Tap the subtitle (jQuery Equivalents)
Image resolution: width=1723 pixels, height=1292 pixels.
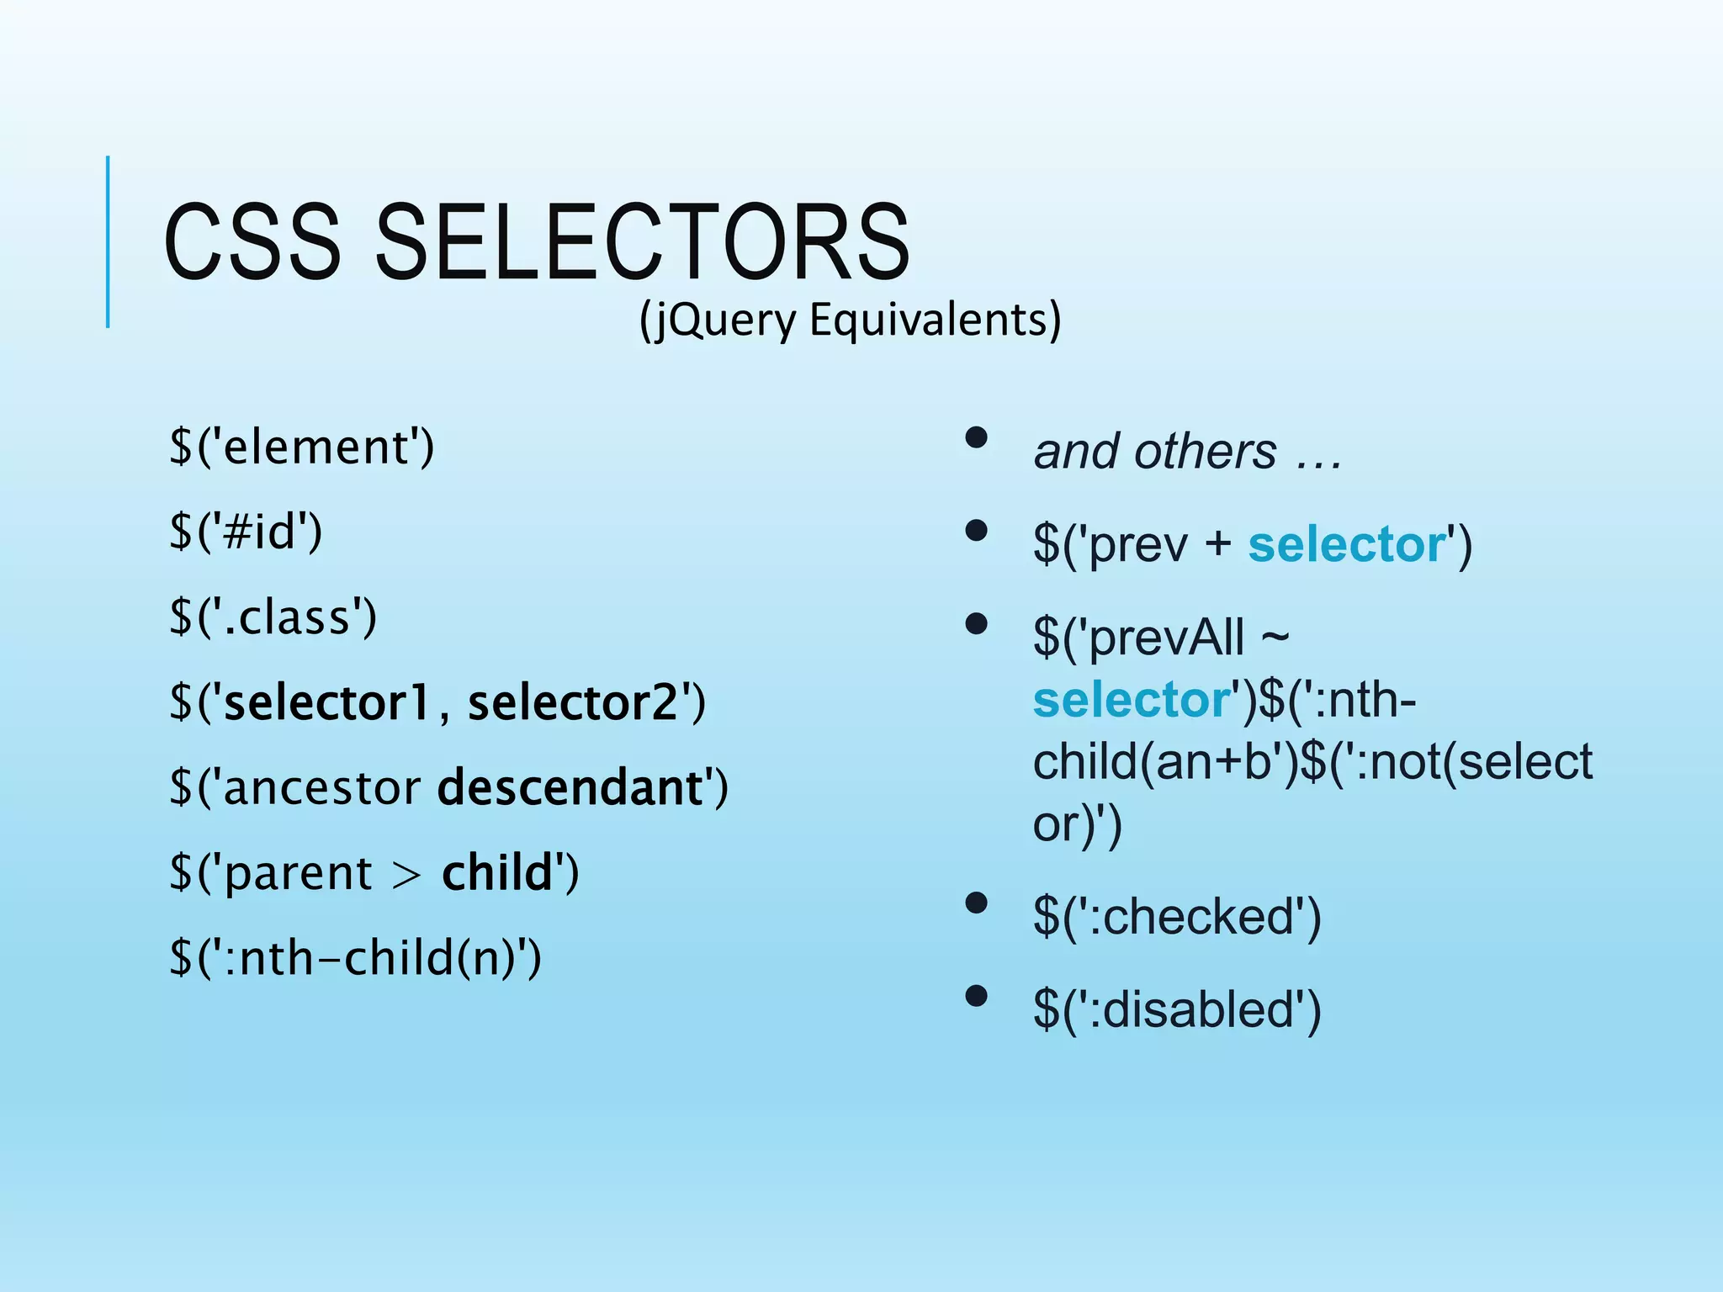850,320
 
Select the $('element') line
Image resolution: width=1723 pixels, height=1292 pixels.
301,447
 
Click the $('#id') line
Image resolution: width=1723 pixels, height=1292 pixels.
246,532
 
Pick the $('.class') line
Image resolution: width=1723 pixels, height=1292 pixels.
273,617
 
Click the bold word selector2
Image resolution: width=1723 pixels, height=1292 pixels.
572,702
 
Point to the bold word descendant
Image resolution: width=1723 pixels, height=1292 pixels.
570,787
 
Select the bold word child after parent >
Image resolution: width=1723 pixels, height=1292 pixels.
496,872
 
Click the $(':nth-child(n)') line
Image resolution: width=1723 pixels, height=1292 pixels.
355,958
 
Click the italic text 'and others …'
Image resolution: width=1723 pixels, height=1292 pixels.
1186,452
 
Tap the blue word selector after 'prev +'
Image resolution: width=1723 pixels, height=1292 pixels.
1346,544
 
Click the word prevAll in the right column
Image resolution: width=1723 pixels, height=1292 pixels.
1166,637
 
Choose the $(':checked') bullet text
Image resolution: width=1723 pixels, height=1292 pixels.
1176,916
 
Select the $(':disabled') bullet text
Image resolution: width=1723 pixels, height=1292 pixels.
1176,1009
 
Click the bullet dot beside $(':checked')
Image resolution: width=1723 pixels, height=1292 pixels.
976,903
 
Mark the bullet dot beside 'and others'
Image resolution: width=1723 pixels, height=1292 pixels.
976,437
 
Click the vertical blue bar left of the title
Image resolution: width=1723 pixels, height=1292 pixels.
108,242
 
